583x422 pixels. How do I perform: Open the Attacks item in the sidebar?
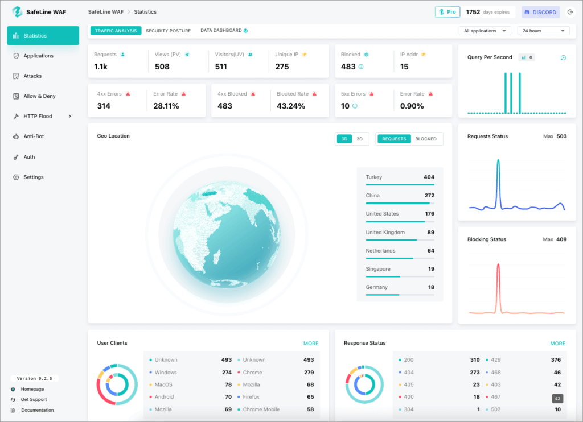pos(32,76)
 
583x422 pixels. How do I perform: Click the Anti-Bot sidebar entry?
pos(34,136)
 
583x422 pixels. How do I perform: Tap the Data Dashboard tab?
pos(221,31)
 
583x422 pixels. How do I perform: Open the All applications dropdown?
pos(485,31)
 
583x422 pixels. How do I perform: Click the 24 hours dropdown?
pos(543,31)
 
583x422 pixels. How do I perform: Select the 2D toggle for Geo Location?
pos(359,139)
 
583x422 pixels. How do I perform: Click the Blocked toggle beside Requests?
pos(426,139)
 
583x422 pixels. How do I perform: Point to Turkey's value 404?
pos(429,177)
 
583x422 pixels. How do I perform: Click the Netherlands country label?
pos(380,251)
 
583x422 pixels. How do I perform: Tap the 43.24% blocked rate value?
pos(290,106)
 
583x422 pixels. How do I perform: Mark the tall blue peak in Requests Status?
pos(498,161)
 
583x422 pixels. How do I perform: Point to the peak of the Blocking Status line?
pos(499,264)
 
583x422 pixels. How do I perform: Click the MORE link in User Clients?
pos(311,344)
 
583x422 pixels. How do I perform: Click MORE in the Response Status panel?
pos(557,344)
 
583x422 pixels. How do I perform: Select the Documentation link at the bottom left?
pos(37,410)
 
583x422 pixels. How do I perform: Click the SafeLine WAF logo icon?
pos(17,12)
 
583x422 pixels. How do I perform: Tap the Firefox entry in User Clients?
pos(251,397)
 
